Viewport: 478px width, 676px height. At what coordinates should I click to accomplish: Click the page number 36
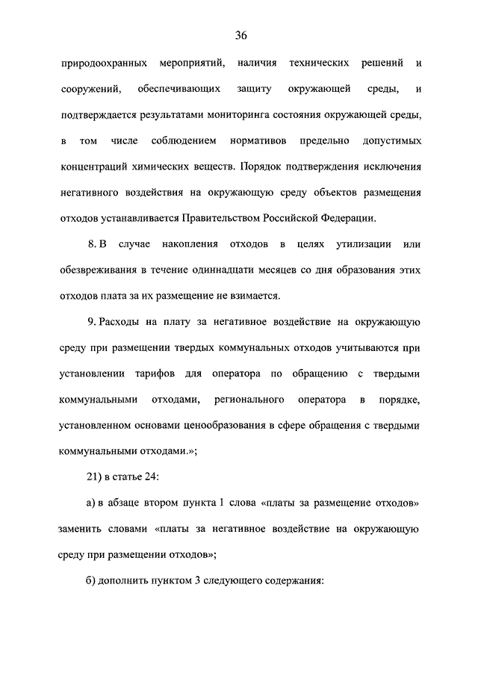coord(240,35)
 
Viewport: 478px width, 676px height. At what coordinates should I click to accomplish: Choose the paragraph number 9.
coord(93,322)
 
